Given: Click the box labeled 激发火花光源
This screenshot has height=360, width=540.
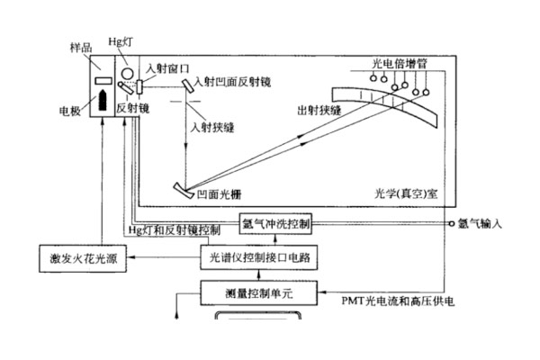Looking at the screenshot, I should coord(82,258).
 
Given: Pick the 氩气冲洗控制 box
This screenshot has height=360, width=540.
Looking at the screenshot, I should coord(276,221).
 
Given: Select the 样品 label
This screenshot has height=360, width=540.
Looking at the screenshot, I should coord(80,46).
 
